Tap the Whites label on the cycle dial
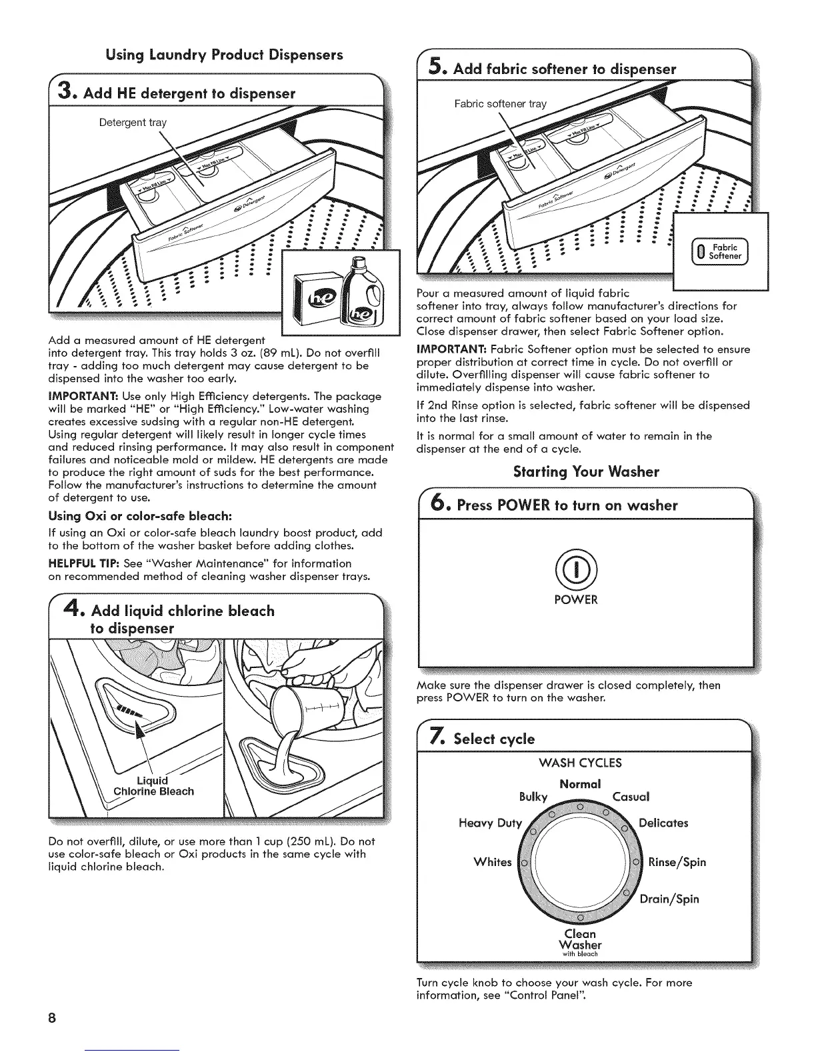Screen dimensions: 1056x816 coord(492,862)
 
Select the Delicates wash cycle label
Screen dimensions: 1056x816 coord(663,823)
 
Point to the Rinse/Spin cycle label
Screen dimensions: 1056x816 coord(677,862)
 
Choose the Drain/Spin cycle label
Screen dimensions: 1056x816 coord(669,899)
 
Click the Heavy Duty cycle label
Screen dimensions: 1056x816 coord(490,823)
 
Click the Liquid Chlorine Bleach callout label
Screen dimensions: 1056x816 coord(153,786)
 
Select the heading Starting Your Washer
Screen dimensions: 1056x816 coord(585,472)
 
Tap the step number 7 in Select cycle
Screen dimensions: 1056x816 coord(434,737)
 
